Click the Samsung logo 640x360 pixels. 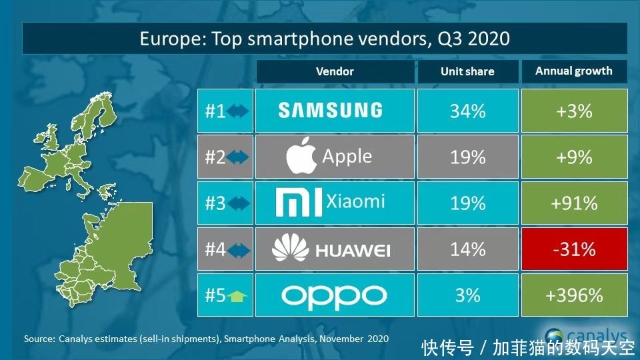click(330, 110)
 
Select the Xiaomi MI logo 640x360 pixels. click(299, 202)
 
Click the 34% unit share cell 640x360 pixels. click(467, 111)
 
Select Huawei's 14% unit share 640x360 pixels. click(467, 249)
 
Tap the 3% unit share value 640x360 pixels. click(467, 295)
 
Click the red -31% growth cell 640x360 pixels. click(574, 249)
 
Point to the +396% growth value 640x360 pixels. click(574, 295)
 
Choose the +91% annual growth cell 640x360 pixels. click(574, 203)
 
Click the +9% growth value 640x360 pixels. click(574, 157)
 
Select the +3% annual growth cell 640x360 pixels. click(574, 111)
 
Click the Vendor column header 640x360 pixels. click(335, 71)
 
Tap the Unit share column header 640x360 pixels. click(467, 72)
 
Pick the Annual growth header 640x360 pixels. click(574, 71)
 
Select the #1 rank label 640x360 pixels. click(215, 111)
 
